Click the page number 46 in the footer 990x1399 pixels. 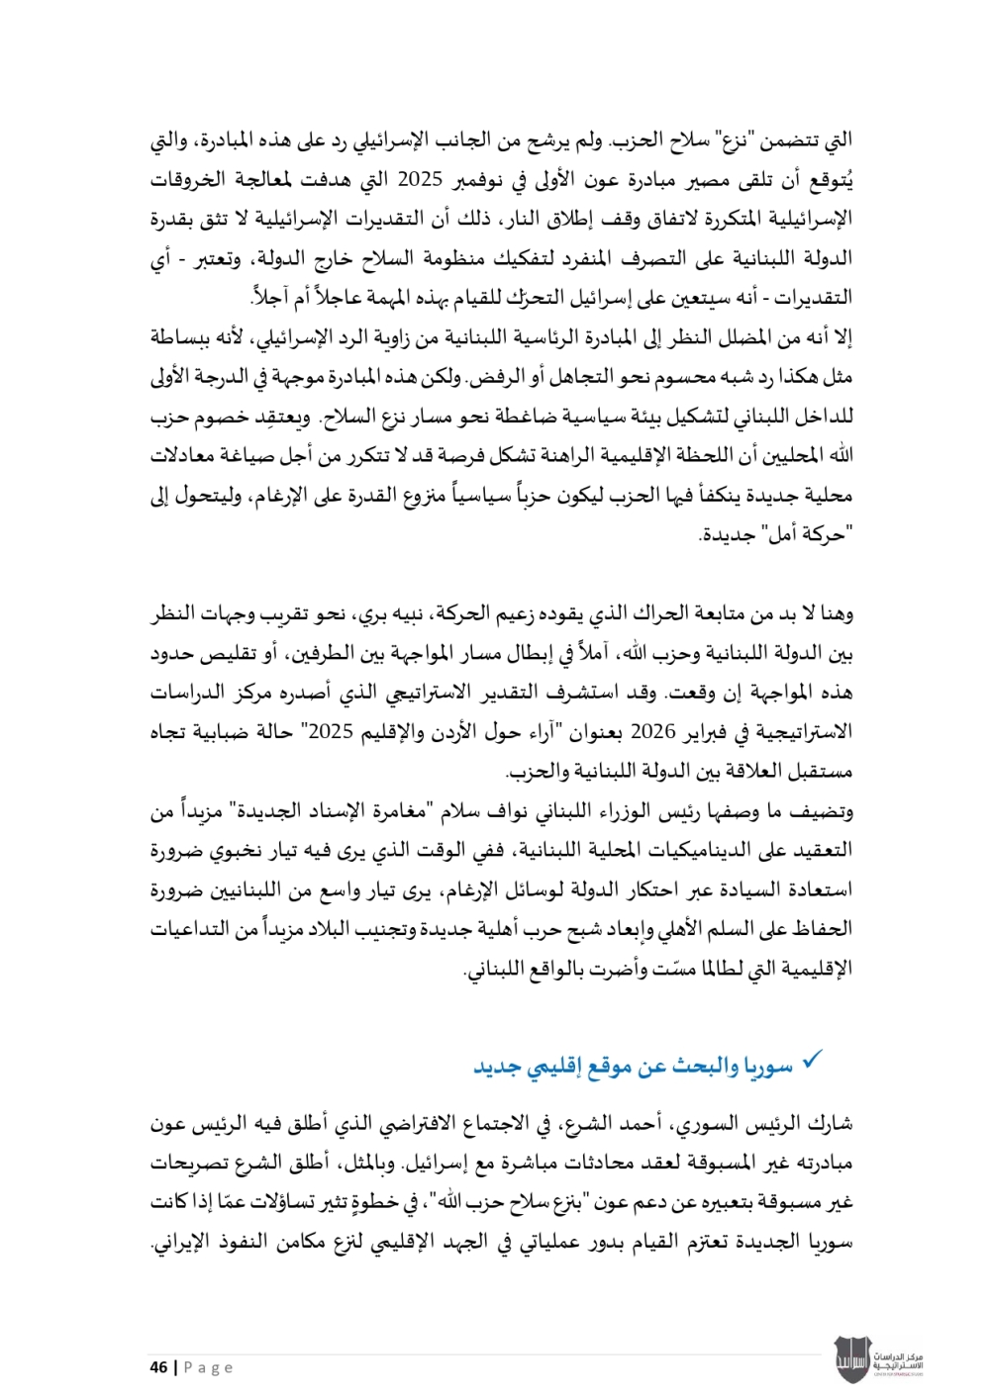(x=158, y=1367)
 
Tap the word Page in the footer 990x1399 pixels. (x=209, y=1367)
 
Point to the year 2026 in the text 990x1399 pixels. (x=652, y=732)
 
